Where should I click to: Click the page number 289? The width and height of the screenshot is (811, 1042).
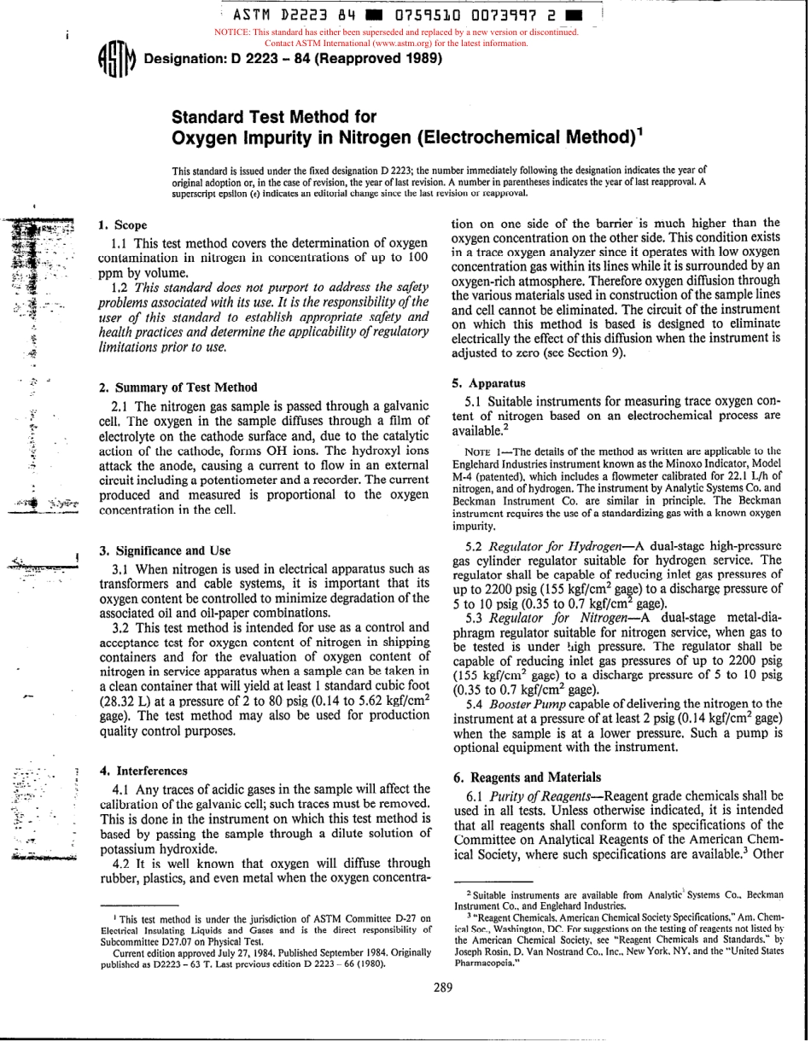pos(442,988)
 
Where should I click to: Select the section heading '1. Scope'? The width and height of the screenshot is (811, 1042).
pos(123,225)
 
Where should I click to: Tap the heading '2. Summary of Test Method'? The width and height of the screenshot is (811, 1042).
pos(178,387)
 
